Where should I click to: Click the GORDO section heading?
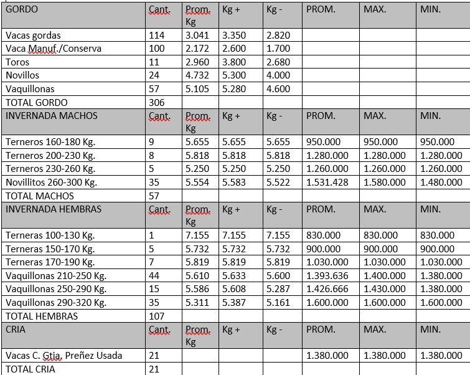coord(22,10)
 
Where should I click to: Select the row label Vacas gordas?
coord(33,36)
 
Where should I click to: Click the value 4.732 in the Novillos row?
coord(198,75)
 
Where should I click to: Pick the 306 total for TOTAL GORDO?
coord(157,102)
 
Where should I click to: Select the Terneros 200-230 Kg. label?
coord(50,155)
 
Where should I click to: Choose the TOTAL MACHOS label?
coord(39,196)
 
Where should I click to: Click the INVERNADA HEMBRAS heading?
coord(53,209)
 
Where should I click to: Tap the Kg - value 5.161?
coord(278,303)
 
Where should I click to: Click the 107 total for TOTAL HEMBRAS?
coord(157,316)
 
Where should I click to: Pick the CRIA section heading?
coord(16,329)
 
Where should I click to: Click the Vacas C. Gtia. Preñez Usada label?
coord(63,356)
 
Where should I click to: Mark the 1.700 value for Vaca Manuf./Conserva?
coord(278,49)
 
